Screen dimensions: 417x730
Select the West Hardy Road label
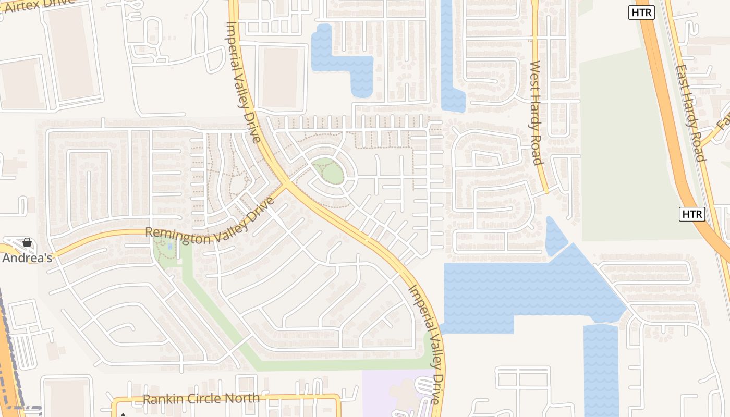tap(536, 112)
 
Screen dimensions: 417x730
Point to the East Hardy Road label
tap(690, 113)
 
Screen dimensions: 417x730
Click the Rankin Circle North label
tap(201, 399)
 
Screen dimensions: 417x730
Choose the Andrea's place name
tap(27, 257)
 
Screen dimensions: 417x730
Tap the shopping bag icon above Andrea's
tap(27, 242)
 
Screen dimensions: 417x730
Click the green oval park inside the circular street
tap(328, 170)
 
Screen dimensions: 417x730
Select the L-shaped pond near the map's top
tap(344, 60)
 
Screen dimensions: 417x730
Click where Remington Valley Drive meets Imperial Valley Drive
tap(286, 185)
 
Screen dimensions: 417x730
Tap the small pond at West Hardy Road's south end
tap(555, 237)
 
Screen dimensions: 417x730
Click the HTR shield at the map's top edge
tap(641, 13)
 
